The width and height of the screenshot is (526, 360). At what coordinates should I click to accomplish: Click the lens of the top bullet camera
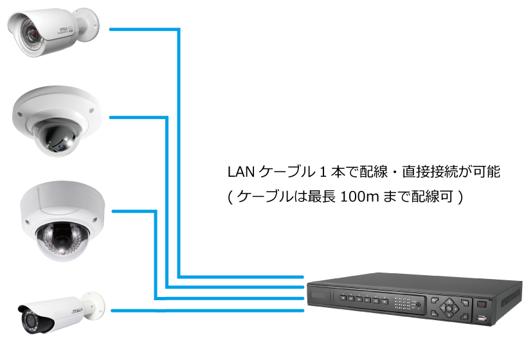click(29, 29)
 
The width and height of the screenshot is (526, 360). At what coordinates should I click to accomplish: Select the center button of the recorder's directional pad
click(448, 307)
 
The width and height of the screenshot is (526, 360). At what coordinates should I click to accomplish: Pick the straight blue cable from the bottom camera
click(206, 310)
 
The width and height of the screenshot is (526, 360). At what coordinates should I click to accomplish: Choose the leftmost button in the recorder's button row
click(344, 298)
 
